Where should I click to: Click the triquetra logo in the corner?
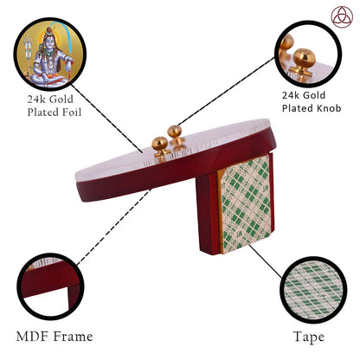coord(342,16)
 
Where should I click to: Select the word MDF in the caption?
coord(33,337)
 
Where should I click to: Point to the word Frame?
coord(74,337)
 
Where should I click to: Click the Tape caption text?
coord(309,337)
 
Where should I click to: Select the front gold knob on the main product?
coord(160,146)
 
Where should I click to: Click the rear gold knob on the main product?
coord(176,134)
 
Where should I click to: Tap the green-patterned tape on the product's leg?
coord(246,204)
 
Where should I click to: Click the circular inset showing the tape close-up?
coord(313,290)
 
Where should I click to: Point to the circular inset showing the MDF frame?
coord(50,286)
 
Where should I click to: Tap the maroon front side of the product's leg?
coord(209,215)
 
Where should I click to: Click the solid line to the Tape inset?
coord(266,261)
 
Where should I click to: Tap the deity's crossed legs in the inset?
coord(48,79)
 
